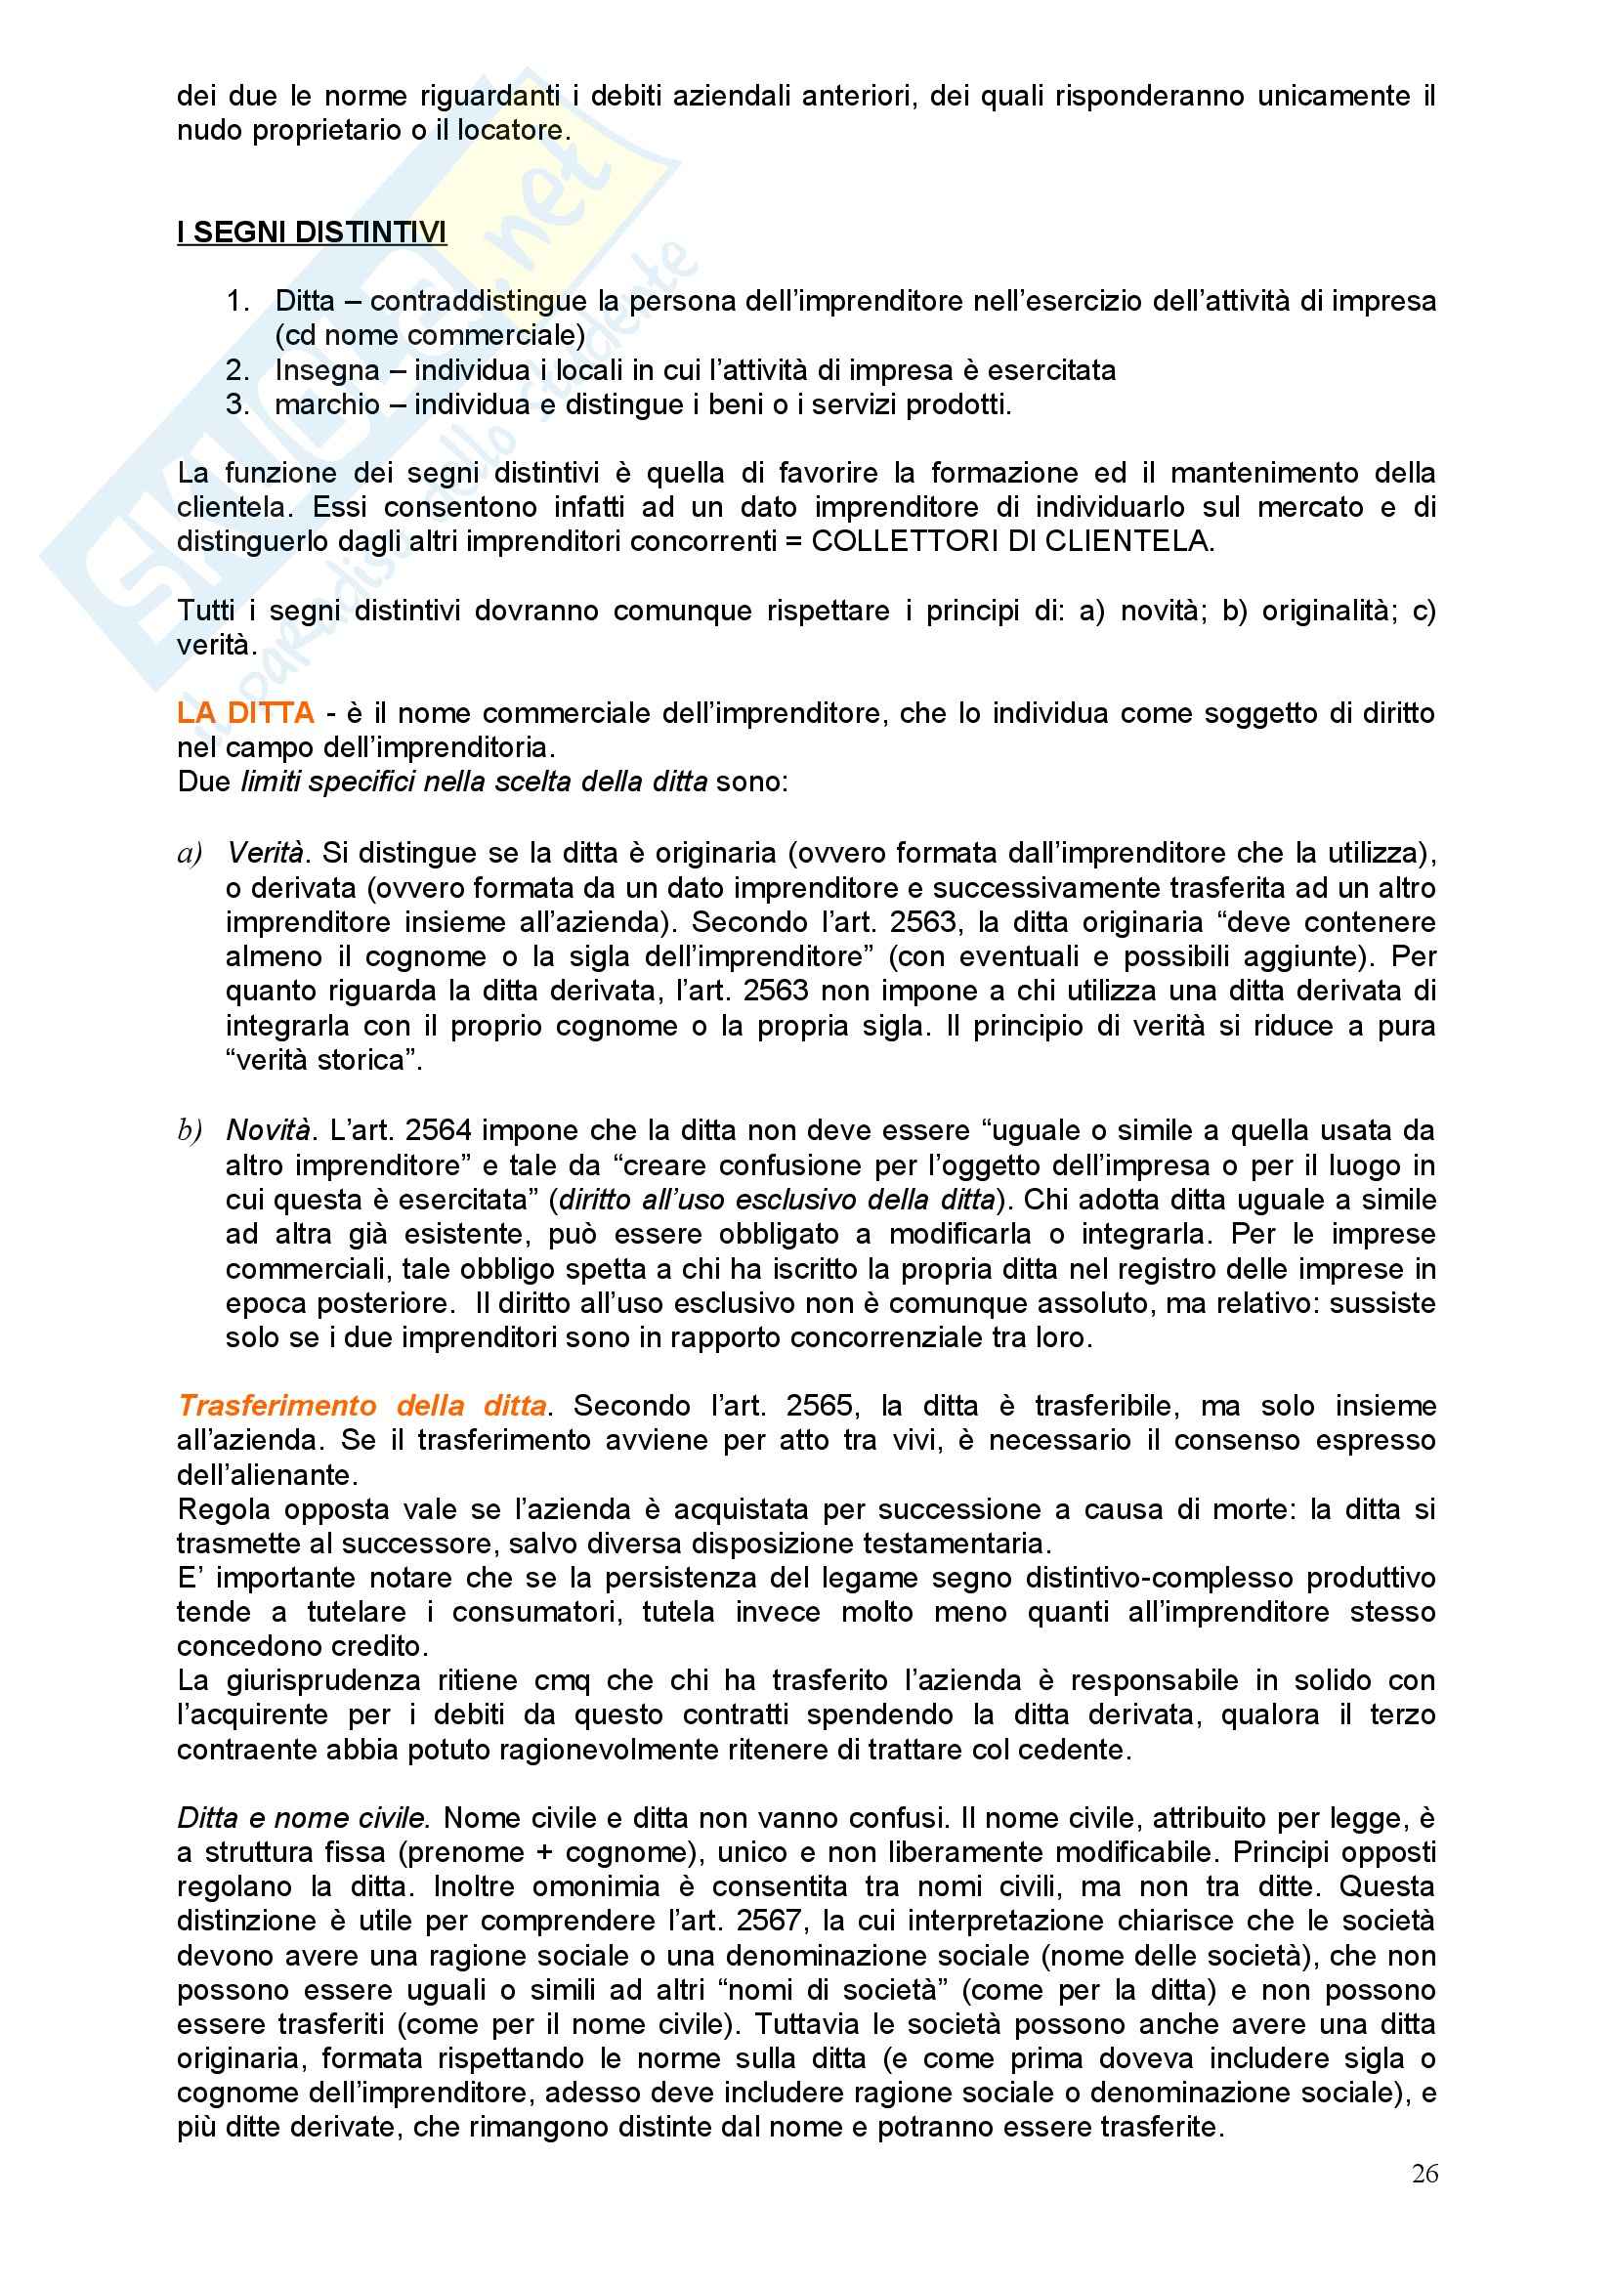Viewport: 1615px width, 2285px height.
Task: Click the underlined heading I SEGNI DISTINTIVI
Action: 312,233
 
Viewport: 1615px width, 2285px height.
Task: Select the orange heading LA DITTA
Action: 246,712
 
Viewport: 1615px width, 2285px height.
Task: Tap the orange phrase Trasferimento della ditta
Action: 362,1405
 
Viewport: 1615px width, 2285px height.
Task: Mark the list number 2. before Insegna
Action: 238,370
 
